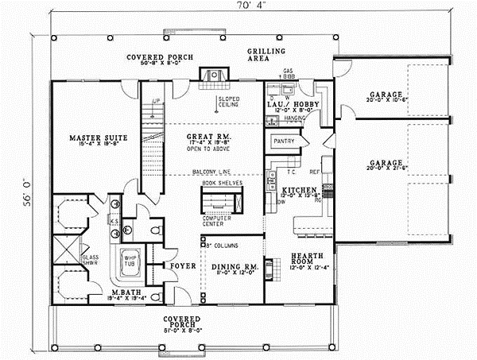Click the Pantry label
[284, 141]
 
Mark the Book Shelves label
[221, 183]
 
